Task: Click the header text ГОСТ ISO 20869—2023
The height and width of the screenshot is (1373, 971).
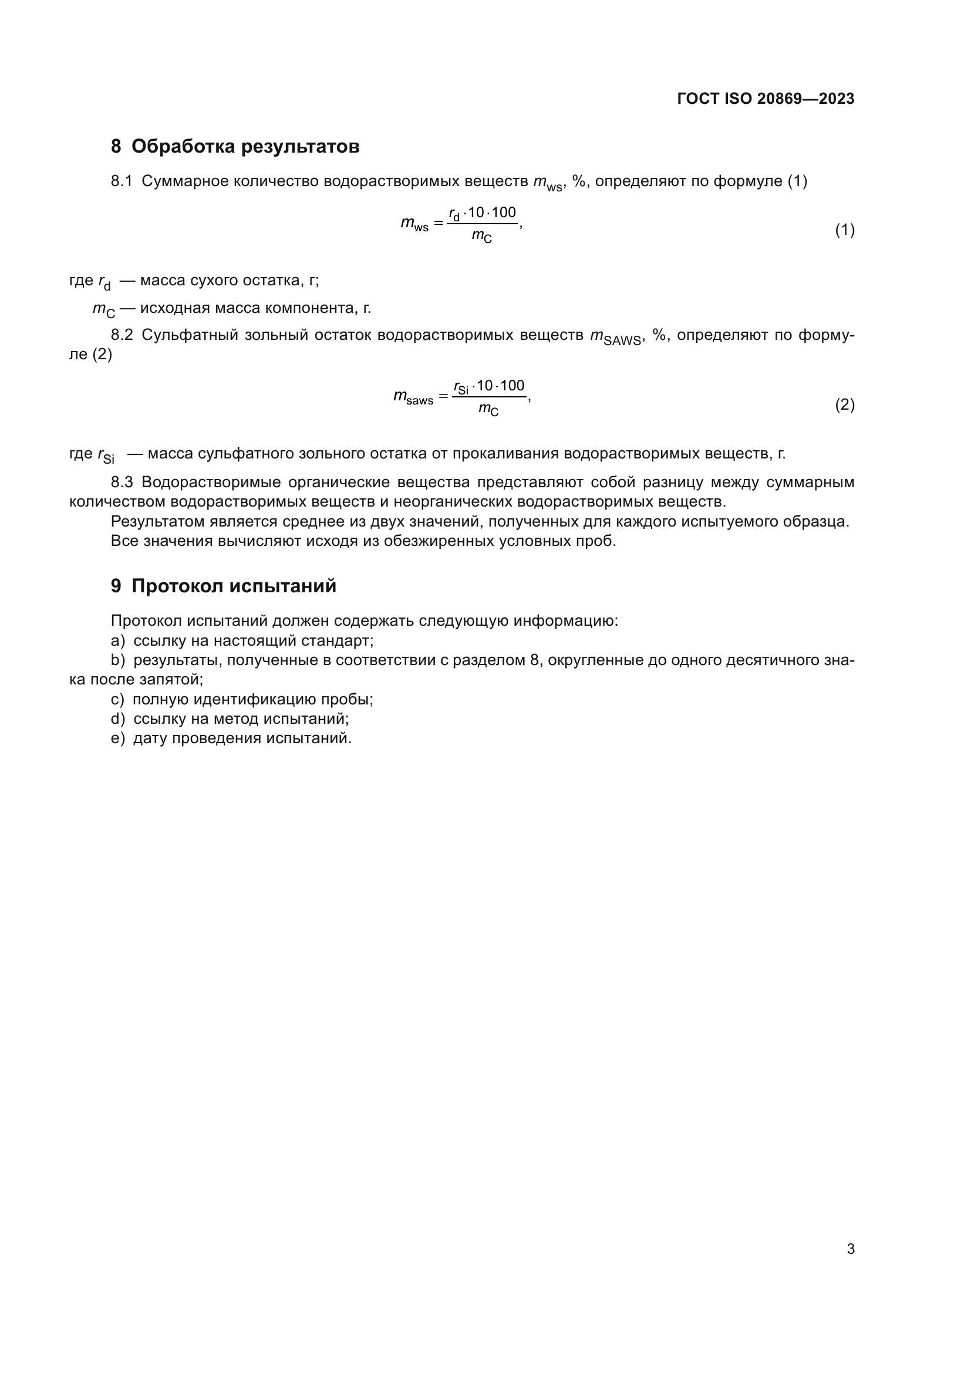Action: (766, 99)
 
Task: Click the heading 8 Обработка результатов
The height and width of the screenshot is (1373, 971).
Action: (235, 147)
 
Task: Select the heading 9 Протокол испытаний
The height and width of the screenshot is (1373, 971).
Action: (223, 586)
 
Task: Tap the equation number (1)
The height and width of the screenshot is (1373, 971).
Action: (844, 230)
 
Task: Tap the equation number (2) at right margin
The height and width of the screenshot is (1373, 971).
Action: (844, 405)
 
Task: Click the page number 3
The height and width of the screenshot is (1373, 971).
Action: (850, 1249)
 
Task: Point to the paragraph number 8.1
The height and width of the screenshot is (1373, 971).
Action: (122, 181)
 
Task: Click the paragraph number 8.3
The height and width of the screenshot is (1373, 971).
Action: (122, 483)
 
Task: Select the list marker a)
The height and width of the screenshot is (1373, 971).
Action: (118, 641)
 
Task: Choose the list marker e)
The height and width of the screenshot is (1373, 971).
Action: (118, 738)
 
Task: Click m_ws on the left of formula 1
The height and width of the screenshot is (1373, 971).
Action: (414, 224)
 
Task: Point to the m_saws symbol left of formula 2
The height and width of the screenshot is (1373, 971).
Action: (413, 397)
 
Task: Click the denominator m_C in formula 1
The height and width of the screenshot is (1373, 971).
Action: (482, 237)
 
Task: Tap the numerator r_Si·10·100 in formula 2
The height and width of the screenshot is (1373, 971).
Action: (489, 386)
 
